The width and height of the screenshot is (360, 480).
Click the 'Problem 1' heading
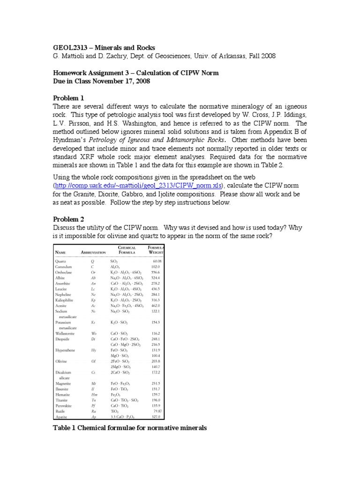[x=68, y=98]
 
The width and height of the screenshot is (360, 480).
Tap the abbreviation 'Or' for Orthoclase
[x=93, y=272]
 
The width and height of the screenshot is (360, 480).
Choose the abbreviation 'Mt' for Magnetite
[x=93, y=383]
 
